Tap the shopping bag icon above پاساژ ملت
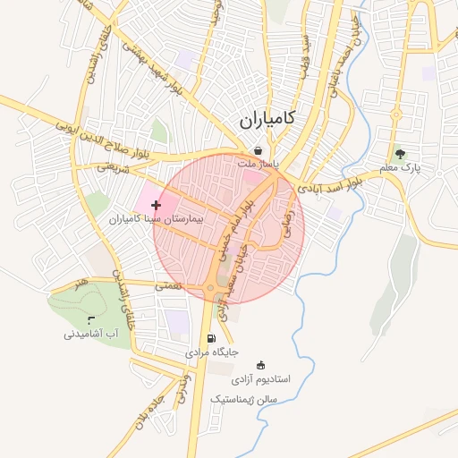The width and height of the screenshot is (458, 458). tap(258, 150)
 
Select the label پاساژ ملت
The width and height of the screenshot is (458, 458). tap(259, 165)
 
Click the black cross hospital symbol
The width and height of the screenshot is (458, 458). tap(157, 205)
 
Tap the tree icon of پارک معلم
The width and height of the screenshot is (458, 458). tap(400, 153)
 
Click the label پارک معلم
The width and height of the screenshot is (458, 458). tap(399, 167)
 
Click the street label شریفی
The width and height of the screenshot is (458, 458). tap(114, 166)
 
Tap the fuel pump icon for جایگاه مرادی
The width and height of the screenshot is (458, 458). tap(211, 338)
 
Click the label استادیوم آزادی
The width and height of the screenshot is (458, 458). tap(261, 378)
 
